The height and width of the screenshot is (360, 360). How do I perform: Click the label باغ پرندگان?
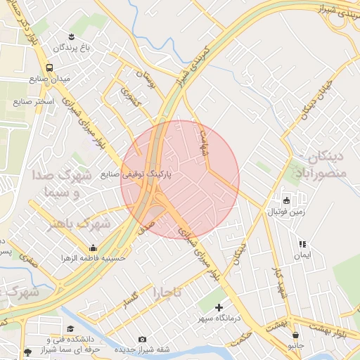(x=70, y=49)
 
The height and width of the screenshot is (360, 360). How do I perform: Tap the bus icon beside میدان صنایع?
(x=49, y=67)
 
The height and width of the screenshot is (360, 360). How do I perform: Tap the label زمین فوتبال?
(x=286, y=211)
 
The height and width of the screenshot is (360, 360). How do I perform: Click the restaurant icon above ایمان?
(x=302, y=244)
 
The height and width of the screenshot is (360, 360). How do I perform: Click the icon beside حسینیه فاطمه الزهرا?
(x=93, y=247)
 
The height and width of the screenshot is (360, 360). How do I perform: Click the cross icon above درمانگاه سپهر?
(x=219, y=307)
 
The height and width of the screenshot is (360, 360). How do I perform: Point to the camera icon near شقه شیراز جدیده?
(x=143, y=340)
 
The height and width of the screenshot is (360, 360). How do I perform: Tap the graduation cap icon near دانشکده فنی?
(x=70, y=328)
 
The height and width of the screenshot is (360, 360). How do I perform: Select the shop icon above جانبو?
(x=296, y=335)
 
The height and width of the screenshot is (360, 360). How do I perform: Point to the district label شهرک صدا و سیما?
(x=57, y=183)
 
